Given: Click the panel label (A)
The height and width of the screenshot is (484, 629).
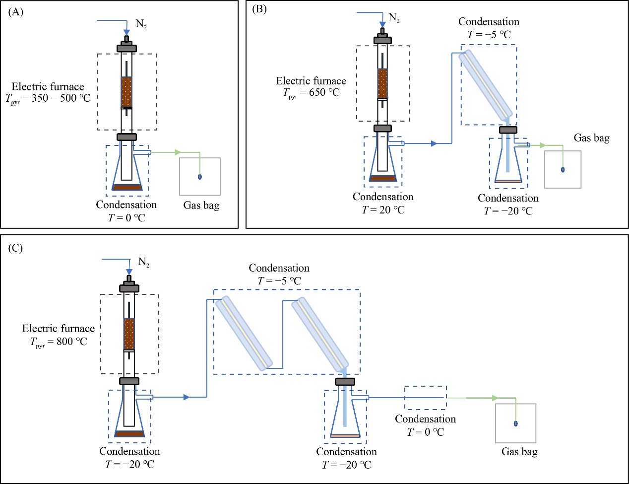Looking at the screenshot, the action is tap(16, 12).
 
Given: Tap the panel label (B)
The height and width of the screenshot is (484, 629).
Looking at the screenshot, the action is tap(259, 9).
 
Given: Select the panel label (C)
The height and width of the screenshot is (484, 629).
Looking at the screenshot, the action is tap(15, 248).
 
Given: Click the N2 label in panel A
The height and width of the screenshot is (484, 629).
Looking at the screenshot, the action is tap(141, 24).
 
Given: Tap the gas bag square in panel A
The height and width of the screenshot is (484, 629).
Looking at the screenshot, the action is tap(200, 177).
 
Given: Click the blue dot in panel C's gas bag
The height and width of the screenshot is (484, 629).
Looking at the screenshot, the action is tap(515, 423).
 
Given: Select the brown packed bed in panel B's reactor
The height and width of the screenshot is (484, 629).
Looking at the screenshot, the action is tap(382, 83).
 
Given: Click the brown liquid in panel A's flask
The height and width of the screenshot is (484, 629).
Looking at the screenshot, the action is tap(127, 188).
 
